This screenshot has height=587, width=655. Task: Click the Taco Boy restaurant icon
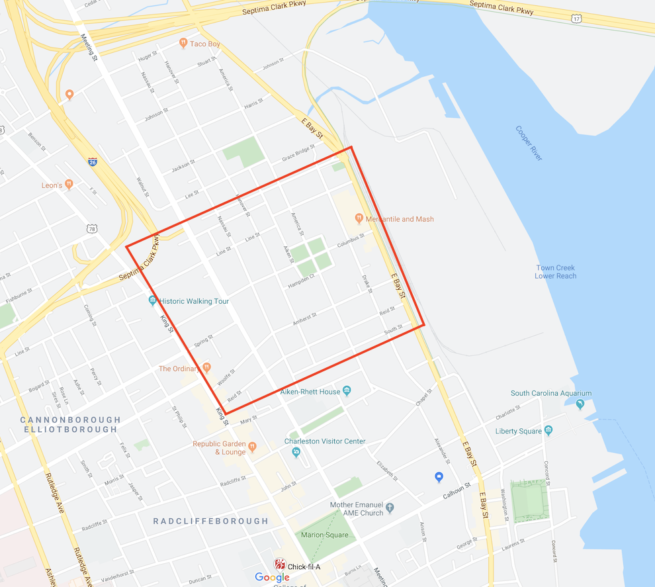pyautogui.click(x=183, y=44)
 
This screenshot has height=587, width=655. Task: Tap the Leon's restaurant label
pyautogui.click(x=52, y=185)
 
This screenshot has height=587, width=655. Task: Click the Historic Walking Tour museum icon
pyautogui.click(x=153, y=301)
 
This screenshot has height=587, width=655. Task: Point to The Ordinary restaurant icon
pyautogui.click(x=206, y=368)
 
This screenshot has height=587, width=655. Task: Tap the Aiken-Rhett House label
pyautogui.click(x=310, y=392)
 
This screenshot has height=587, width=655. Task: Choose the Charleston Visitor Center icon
pyautogui.click(x=296, y=453)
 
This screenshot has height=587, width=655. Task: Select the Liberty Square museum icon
pyautogui.click(x=548, y=431)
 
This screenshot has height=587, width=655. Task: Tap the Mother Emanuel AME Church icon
pyautogui.click(x=390, y=508)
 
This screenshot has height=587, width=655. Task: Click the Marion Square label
pyautogui.click(x=324, y=535)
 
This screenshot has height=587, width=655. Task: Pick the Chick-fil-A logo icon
pyautogui.click(x=280, y=566)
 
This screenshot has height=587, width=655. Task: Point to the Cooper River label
pyautogui.click(x=529, y=143)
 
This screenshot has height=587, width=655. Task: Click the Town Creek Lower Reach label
pyautogui.click(x=555, y=272)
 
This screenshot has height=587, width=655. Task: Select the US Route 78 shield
pyautogui.click(x=91, y=228)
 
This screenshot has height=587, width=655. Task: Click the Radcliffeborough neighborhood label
pyautogui.click(x=210, y=521)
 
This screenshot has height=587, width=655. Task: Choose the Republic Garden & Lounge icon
pyautogui.click(x=251, y=448)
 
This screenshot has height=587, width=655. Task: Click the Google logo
pyautogui.click(x=272, y=577)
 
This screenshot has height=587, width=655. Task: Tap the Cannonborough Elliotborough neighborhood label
pyautogui.click(x=71, y=424)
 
